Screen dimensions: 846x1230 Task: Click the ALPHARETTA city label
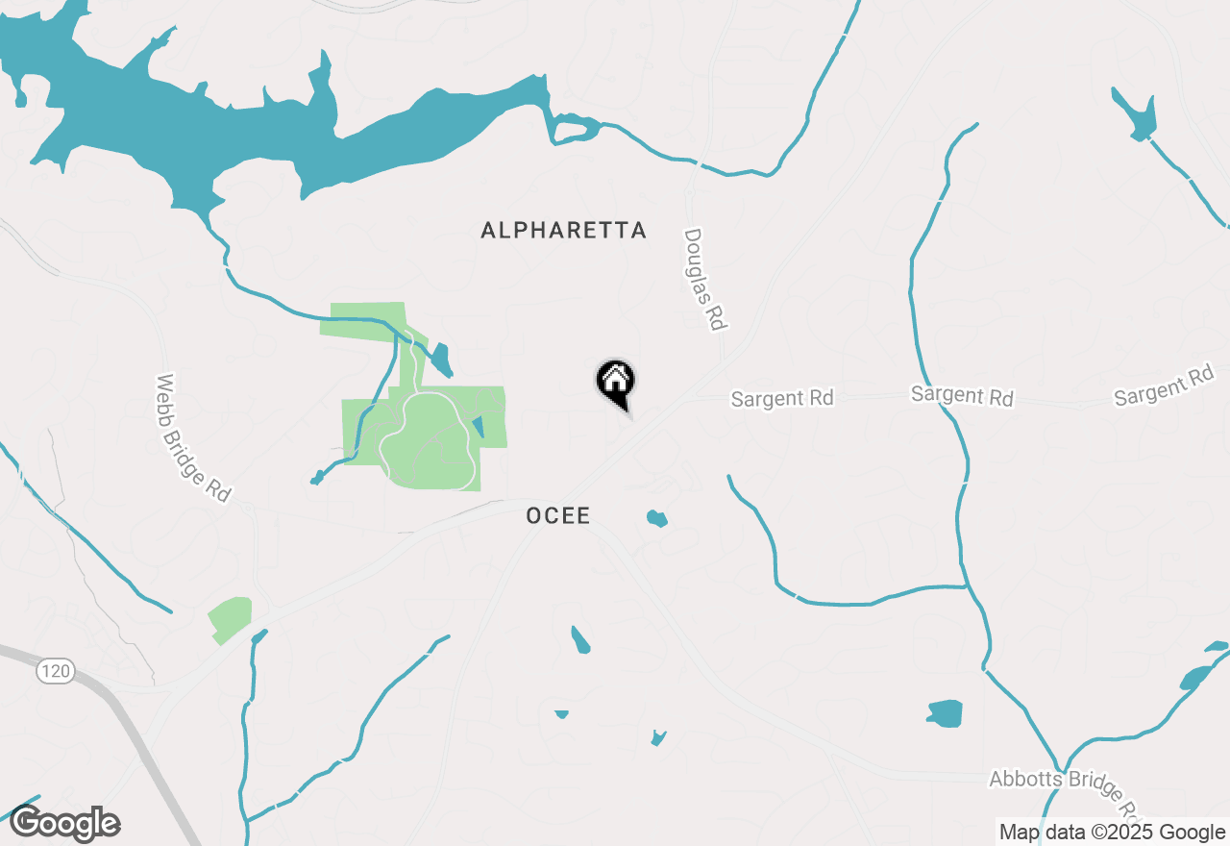coord(563,231)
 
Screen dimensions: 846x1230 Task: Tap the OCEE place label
coord(558,516)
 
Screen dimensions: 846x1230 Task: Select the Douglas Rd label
coord(703,280)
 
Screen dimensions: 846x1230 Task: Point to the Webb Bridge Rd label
coord(193,437)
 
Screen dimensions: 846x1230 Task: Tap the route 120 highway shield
coord(56,671)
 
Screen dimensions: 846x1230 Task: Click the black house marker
coord(615,382)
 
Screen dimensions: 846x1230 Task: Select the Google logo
coord(65,824)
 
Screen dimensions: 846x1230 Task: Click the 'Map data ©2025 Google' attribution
coord(1112,833)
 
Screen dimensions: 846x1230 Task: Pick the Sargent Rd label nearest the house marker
coord(782,398)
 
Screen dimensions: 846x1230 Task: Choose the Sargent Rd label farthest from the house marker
coord(1164,386)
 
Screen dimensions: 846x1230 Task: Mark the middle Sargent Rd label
coord(962,395)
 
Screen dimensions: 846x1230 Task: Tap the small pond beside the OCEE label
coord(656,519)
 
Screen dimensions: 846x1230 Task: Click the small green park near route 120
coord(230,618)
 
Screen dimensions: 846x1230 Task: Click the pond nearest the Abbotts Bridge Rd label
coord(946,713)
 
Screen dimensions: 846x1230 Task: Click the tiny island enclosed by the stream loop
coord(575,130)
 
